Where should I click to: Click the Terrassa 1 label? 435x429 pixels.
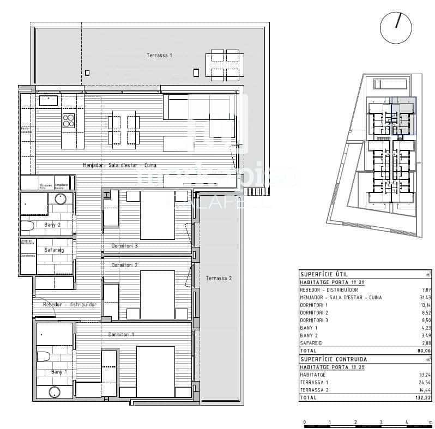click(159, 56)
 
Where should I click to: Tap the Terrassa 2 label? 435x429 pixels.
click(219, 279)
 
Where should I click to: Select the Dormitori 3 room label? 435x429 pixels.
click(124, 246)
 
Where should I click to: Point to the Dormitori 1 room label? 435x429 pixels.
click(121, 334)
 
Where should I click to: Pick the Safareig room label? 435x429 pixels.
click(54, 250)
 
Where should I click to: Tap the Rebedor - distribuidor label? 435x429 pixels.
click(69, 305)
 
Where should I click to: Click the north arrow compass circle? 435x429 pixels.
click(396, 28)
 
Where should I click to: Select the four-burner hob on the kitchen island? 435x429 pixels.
click(69, 120)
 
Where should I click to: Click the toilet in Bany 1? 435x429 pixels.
click(43, 357)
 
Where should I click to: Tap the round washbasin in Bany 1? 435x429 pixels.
click(54, 392)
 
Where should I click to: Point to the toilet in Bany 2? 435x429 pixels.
click(27, 225)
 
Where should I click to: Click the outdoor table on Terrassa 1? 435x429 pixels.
click(225, 65)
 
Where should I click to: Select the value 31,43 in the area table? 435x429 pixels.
click(424, 298)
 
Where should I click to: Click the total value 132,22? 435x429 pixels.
click(422, 398)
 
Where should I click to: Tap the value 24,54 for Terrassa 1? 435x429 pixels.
click(424, 383)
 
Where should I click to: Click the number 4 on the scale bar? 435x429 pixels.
click(407, 422)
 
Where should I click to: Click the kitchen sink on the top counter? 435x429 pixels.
click(48, 100)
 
